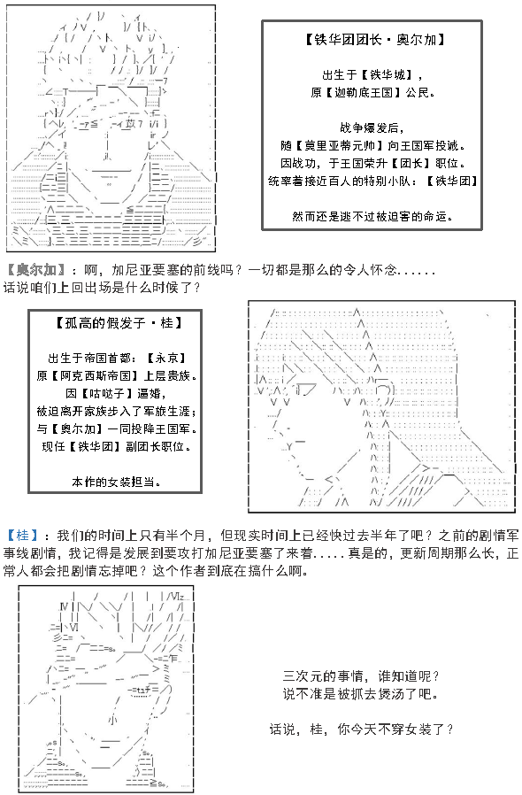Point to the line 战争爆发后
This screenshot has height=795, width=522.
coord(372,127)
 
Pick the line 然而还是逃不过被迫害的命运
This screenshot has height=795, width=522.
coord(372,217)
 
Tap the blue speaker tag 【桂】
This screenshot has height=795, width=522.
coord(22,536)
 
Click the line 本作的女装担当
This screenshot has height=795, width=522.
coord(116,482)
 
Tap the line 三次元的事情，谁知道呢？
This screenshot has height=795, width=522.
coord(361,675)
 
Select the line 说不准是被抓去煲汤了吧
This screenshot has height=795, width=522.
coord(360,693)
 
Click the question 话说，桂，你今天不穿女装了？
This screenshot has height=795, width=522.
coord(361,729)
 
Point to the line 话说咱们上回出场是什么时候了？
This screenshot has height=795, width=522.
coord(103,288)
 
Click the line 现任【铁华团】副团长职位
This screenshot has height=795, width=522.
coord(116,447)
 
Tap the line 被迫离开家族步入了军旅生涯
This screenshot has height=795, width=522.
coord(116,411)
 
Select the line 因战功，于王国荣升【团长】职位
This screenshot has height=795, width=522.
coord(372,163)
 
